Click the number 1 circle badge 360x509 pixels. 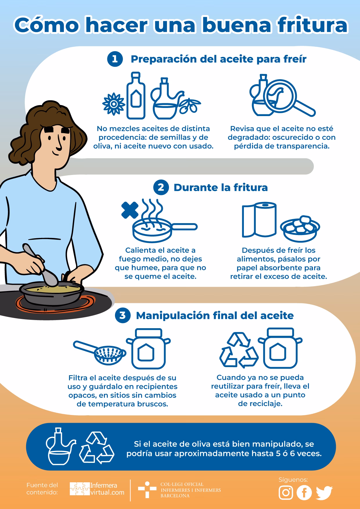point(115,59)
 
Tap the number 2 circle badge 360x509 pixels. point(161,187)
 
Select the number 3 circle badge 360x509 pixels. point(123,315)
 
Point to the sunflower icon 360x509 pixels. point(114,104)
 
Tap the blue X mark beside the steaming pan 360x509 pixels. point(130,210)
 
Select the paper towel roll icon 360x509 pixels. point(259,220)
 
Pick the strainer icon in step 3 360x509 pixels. point(100,351)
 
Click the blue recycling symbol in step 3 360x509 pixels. point(239,350)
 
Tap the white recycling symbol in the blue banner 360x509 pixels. point(97,447)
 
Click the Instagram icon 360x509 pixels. point(286,492)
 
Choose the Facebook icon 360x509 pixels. point(304,492)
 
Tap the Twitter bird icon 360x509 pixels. point(324,493)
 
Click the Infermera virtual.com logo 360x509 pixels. point(97,489)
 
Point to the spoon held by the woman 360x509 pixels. point(40,264)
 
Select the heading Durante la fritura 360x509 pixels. point(221,187)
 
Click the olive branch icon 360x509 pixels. point(190,105)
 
